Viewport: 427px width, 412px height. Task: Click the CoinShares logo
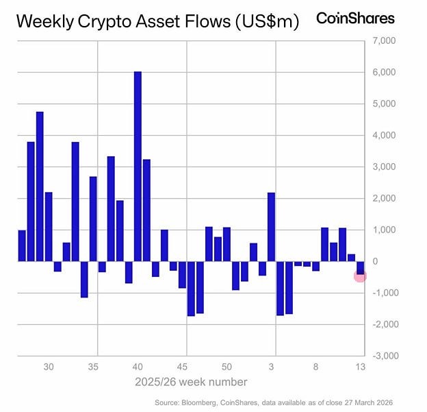pos(355,19)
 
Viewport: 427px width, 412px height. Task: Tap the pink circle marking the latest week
pos(361,276)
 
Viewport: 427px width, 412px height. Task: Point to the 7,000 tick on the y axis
pos(384,41)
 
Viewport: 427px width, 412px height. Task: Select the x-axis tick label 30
pos(49,367)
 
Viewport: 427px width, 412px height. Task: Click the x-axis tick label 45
pos(183,367)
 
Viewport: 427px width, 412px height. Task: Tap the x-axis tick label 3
pos(272,367)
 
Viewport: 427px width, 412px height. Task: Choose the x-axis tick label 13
pos(361,367)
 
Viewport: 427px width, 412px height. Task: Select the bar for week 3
pos(271,227)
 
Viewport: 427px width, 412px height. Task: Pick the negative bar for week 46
pos(191,288)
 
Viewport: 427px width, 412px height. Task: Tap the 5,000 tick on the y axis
pos(384,104)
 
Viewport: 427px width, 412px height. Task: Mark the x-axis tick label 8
pos(316,367)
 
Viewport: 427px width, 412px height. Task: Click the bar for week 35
pos(93,219)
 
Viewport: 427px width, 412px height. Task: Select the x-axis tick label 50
pos(227,367)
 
